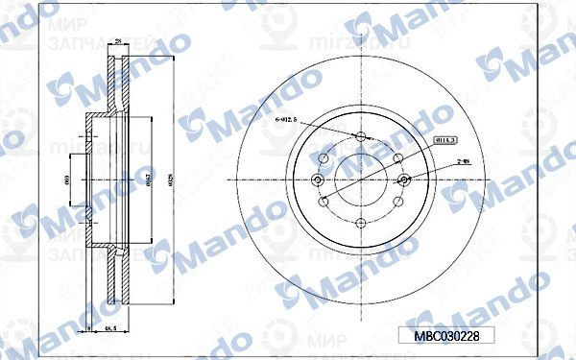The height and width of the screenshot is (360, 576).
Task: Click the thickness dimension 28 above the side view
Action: [x=117, y=41]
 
